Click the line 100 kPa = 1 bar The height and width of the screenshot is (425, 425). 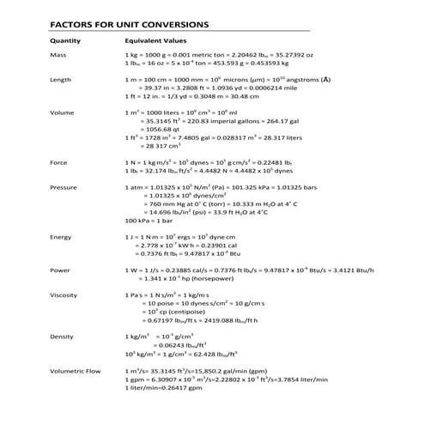click(151, 220)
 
